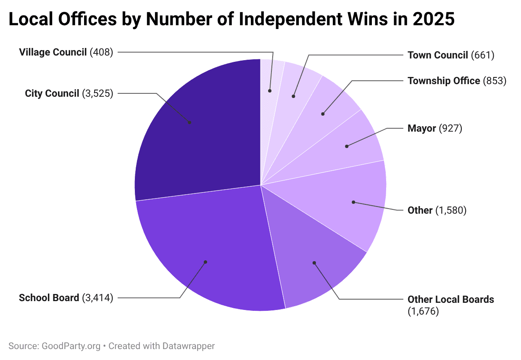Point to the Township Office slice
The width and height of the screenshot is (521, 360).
click(x=328, y=109)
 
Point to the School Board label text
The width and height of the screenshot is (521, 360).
click(x=49, y=298)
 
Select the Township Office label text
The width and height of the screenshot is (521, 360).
click(x=444, y=81)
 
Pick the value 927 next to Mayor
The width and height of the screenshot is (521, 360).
click(x=450, y=128)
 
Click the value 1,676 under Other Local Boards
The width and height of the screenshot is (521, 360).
click(x=423, y=312)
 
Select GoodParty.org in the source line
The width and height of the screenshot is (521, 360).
click(x=71, y=346)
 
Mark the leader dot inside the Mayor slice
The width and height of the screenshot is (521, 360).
click(x=347, y=146)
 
